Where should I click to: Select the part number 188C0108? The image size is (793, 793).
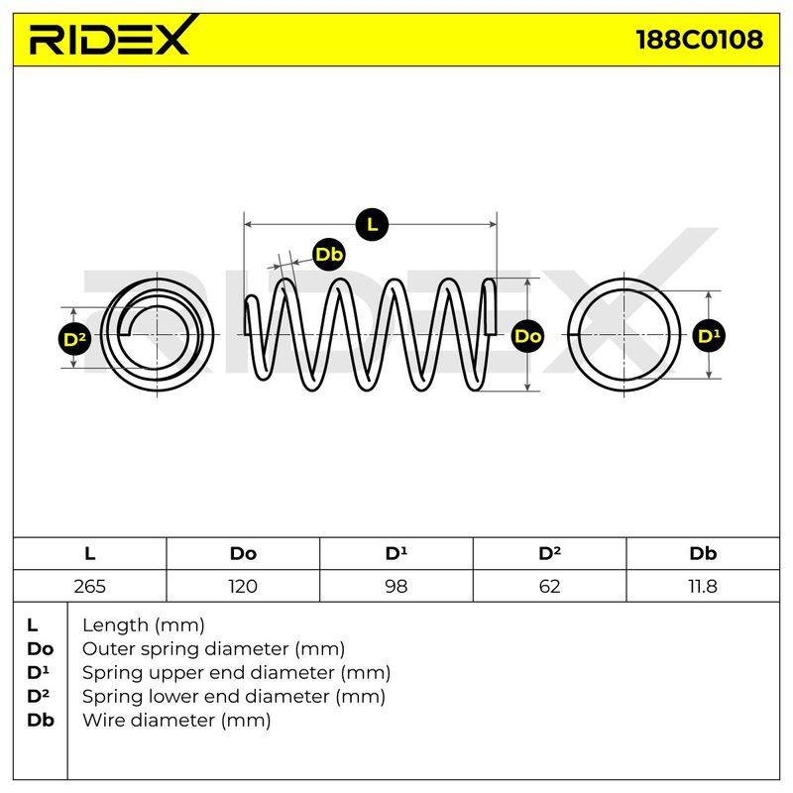pos(700,40)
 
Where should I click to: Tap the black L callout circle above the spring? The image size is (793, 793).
pos(372,224)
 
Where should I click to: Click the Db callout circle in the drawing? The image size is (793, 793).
pos(329,255)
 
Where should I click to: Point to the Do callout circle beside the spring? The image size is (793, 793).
pos(527,336)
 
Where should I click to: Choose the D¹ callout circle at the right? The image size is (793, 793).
pos(709,336)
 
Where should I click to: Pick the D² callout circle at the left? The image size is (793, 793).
pos(74,339)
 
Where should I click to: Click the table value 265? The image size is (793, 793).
pos(89,586)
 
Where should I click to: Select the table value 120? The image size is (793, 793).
pos(243,586)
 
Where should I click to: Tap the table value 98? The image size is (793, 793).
pos(396,586)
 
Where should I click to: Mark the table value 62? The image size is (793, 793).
pos(549,586)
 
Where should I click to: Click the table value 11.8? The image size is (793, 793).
pos(703,586)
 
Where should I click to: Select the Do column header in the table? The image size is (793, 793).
pos(243,553)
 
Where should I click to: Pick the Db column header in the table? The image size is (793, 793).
pos(703,553)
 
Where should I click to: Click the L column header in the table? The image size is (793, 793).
pos(89,553)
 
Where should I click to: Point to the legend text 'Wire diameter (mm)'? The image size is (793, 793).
pos(176,720)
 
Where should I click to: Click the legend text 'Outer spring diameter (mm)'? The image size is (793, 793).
pos(213,648)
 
